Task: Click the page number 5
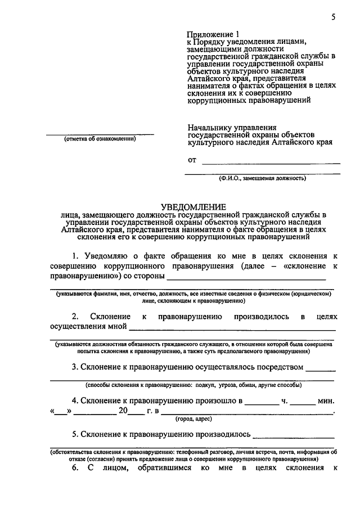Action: (x=333, y=17)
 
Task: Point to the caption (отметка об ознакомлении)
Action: (x=100, y=139)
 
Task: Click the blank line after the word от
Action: (x=271, y=163)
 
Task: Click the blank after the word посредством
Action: (x=321, y=370)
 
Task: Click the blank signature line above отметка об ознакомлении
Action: (x=100, y=134)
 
